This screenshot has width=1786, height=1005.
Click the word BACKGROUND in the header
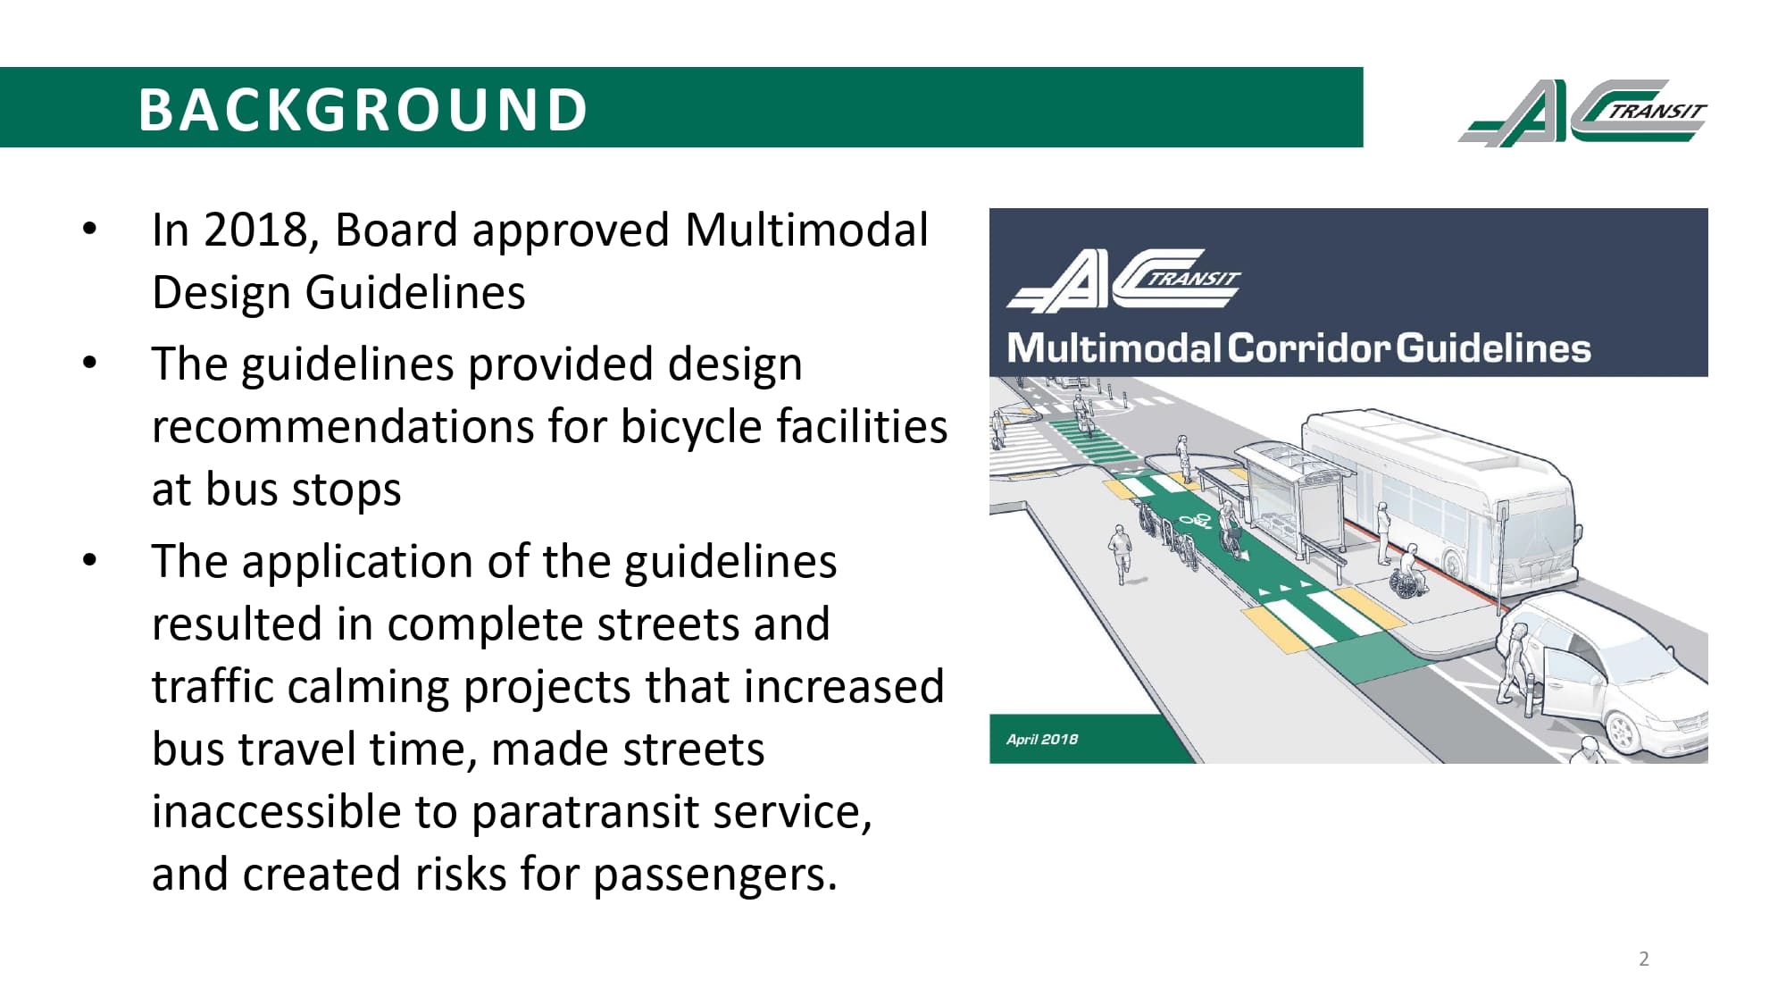pos(363,110)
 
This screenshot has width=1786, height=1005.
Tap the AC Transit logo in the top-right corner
pos(1582,113)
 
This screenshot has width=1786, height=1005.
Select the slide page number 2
pos(1643,959)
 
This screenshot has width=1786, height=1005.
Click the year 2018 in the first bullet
pos(255,230)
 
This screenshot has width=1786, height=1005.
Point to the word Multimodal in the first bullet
pos(806,230)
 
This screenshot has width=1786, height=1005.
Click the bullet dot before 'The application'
pos(89,561)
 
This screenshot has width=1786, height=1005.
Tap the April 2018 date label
pos(1041,739)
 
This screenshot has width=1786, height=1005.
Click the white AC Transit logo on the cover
pos(1123,281)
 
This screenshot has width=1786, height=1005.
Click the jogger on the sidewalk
pos(1120,551)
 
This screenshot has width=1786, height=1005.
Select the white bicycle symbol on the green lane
pos(1195,520)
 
